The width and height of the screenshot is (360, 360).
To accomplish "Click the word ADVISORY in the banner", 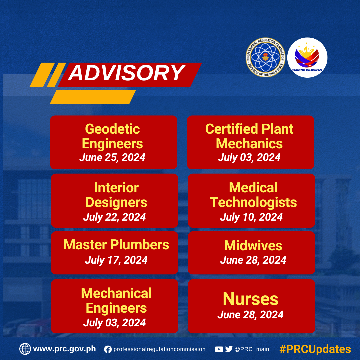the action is (x=127, y=73).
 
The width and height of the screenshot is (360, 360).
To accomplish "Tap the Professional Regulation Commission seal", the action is (x=265, y=57).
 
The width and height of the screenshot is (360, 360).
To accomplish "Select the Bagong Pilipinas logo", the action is (x=307, y=57).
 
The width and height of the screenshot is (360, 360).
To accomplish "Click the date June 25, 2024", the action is (x=112, y=157).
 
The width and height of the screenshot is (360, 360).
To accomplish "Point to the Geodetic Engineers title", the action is (x=112, y=136).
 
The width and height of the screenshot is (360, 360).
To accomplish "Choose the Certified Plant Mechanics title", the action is (x=249, y=136).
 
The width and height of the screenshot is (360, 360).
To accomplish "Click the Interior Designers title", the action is (x=116, y=195).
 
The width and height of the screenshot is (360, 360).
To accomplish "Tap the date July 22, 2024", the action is (x=114, y=217).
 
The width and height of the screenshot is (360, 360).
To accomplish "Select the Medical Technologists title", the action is (x=253, y=195).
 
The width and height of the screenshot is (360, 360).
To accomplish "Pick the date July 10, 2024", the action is (x=251, y=217).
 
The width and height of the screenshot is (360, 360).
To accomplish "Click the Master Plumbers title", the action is (x=116, y=245).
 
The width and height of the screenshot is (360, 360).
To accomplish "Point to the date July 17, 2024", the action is (x=116, y=260).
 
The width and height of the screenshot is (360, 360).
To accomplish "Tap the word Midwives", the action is (x=253, y=246).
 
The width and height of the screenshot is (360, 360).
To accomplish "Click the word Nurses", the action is (x=250, y=299).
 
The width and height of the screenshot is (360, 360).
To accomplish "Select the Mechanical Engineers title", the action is (x=116, y=301).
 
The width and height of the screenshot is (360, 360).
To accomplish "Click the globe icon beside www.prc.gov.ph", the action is (x=25, y=349).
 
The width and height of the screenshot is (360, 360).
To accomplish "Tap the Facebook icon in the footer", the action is (x=108, y=349).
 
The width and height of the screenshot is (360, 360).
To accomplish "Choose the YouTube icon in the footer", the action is (x=219, y=349).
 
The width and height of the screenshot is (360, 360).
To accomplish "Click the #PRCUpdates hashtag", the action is (x=315, y=349).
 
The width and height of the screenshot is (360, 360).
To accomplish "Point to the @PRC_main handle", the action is (x=252, y=349).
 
